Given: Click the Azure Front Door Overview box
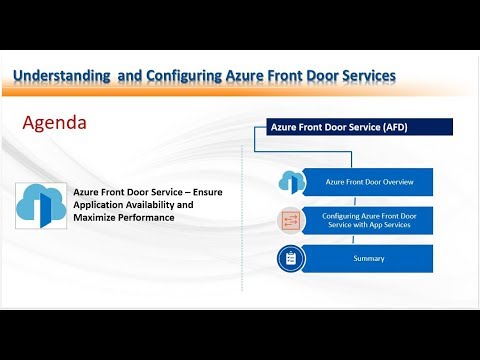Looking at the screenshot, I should (x=368, y=182).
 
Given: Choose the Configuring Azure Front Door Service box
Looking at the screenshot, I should (x=368, y=221).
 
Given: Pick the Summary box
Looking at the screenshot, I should (x=368, y=258).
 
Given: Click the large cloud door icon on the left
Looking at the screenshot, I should (x=41, y=203).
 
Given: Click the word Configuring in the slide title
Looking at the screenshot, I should (x=188, y=75).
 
